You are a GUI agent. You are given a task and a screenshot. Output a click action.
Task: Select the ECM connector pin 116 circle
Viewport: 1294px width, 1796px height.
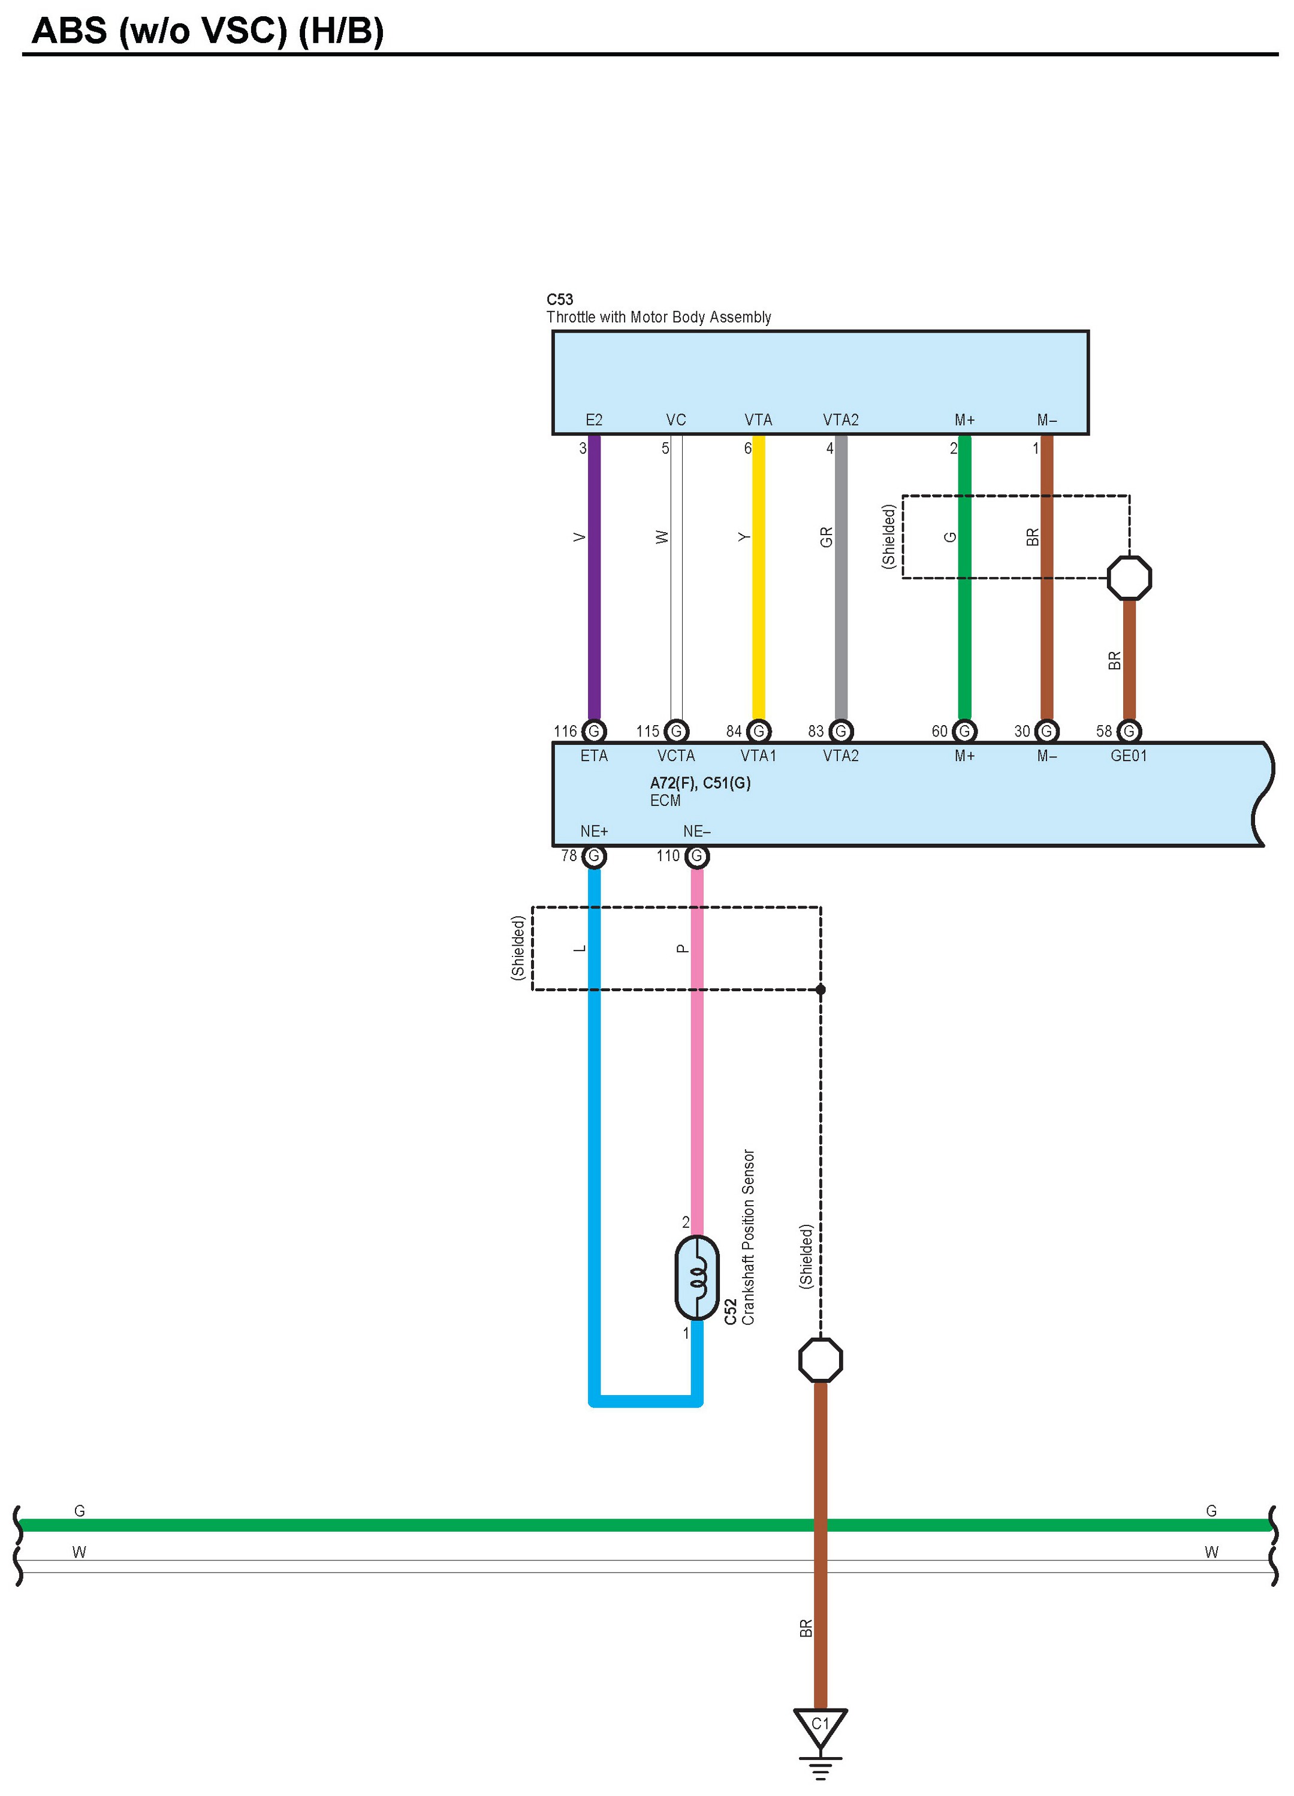pos(594,731)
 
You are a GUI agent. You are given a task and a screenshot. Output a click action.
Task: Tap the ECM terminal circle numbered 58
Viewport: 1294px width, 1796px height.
pos(1129,731)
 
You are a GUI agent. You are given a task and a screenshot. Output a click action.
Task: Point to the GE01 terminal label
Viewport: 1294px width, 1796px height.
pos(1129,756)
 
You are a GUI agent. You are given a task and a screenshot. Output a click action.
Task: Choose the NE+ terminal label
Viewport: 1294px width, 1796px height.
pos(594,831)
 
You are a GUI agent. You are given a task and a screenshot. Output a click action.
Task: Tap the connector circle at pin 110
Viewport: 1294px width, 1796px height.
pos(697,855)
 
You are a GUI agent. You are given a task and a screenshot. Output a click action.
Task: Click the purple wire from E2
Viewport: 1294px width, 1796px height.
pos(594,578)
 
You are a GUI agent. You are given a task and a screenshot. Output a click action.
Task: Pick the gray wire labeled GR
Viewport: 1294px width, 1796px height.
pos(841,578)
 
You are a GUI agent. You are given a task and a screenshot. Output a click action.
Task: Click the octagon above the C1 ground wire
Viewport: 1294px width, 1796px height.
pos(821,1360)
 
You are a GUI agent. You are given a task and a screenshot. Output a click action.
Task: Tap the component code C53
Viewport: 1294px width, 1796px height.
pos(560,300)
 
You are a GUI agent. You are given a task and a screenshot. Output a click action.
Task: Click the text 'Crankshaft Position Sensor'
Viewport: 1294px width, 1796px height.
pos(749,1237)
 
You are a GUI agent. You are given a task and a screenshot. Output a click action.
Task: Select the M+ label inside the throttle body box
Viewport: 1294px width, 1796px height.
pos(964,419)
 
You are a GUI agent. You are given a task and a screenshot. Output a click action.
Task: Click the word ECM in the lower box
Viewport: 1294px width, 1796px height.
pos(665,801)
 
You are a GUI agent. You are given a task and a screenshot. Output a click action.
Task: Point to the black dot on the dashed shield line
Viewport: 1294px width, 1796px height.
pos(821,989)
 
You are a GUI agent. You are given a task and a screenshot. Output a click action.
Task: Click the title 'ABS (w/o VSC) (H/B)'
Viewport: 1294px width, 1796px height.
pos(207,32)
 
